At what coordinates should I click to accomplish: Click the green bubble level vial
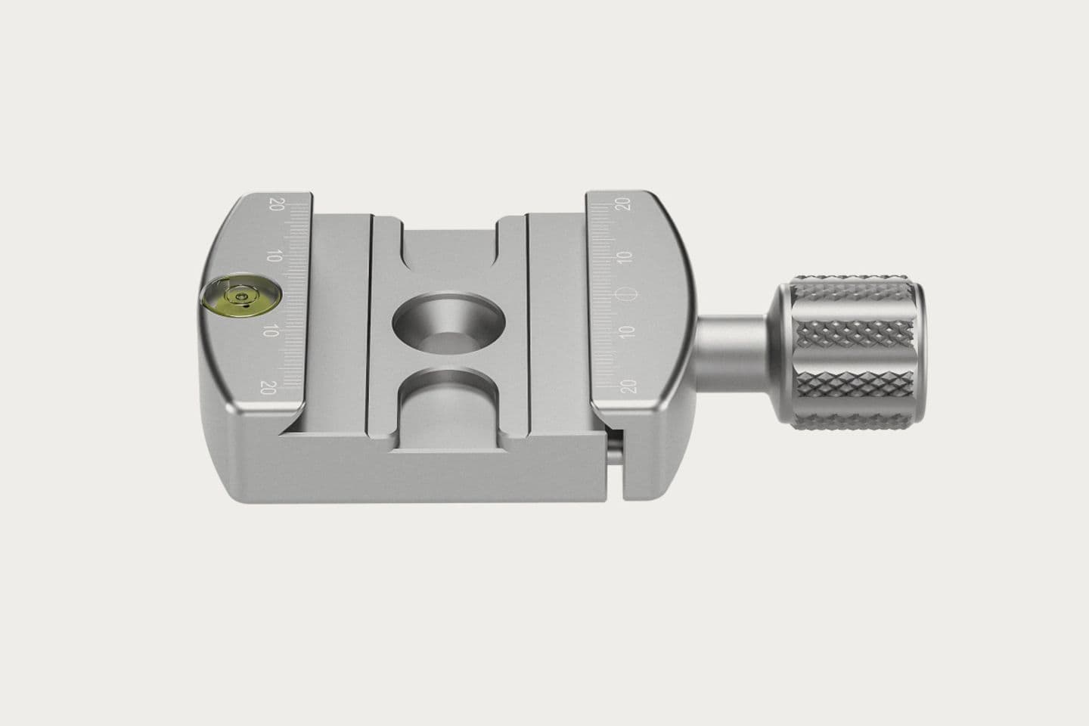(240, 295)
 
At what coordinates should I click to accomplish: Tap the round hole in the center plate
(448, 323)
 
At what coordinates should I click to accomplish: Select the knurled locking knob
(850, 352)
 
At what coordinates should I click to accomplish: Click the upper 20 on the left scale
(277, 203)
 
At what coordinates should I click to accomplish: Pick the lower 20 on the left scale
(268, 387)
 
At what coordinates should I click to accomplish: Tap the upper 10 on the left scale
(275, 256)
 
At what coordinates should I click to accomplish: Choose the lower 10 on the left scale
(270, 331)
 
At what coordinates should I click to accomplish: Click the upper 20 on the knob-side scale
(623, 203)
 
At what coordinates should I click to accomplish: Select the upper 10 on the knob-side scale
(626, 257)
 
